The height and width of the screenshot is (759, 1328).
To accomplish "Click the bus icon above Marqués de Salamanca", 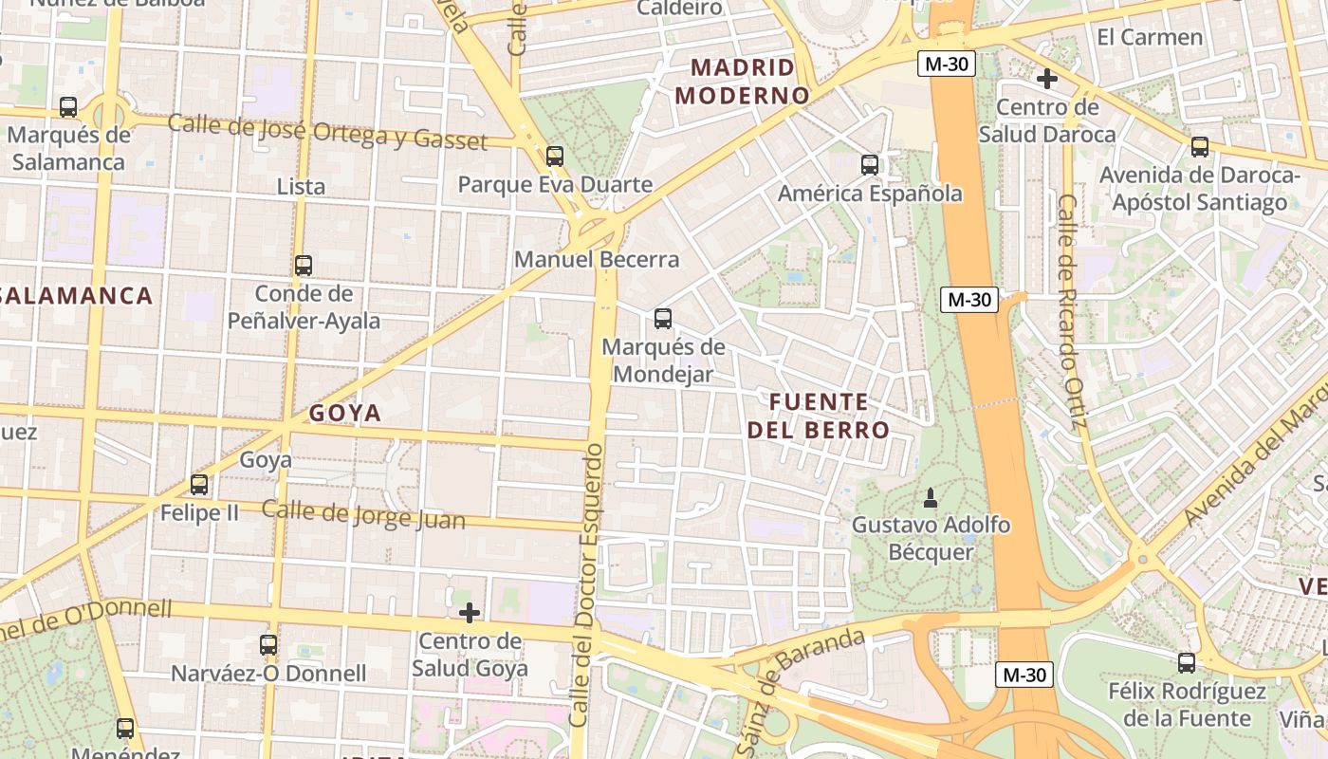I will point(68,107).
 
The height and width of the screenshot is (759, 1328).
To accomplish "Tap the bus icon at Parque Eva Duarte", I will point(555,157).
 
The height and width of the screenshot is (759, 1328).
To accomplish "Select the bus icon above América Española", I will point(870,165).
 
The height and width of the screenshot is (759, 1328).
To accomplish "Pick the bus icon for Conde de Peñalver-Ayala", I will point(304,266).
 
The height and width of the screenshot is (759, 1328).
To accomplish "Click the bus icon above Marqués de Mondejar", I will point(663,319).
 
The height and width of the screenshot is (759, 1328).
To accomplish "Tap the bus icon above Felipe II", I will point(199,485).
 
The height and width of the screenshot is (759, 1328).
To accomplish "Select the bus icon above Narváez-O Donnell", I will point(268,645).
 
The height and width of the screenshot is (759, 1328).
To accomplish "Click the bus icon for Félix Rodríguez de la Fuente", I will point(1187,663).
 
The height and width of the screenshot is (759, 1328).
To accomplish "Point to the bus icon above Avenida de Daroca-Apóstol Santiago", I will point(1200,147).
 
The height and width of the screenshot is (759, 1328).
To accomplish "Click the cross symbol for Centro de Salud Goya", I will point(470,613).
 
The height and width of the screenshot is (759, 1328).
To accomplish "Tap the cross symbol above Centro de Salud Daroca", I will point(1047,79).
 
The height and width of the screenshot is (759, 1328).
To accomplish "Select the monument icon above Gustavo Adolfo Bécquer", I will point(931,497).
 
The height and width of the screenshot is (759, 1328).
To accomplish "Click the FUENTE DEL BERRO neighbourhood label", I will point(819,416).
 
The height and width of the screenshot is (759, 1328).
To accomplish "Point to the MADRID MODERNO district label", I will point(742,82).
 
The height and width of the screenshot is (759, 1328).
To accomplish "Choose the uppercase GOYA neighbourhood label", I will point(345,413).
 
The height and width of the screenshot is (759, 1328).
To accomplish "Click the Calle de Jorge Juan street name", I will point(363,514).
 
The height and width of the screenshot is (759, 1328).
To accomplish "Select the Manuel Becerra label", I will point(597,259).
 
